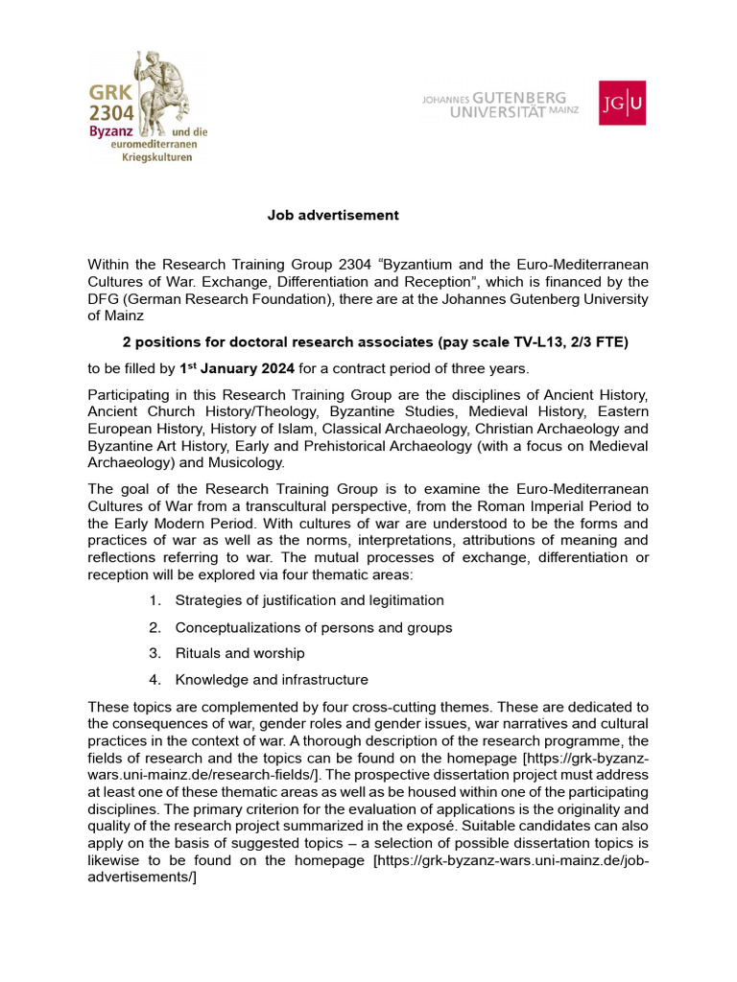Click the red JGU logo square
point(622,103)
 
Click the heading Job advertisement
point(332,216)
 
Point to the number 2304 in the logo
point(111,111)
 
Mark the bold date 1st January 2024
point(235,369)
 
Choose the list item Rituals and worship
point(240,653)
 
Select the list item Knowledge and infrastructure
point(272,680)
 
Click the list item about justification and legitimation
point(309,600)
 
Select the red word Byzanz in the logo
point(110,129)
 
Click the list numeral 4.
point(154,680)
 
